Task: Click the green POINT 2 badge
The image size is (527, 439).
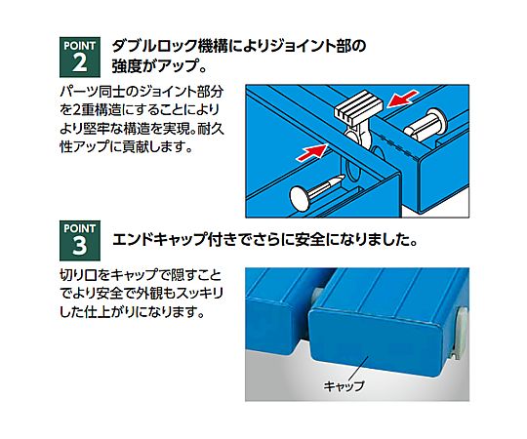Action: pos(80,58)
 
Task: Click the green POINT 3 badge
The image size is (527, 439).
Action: pos(80,241)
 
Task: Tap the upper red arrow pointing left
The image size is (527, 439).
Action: pos(403,99)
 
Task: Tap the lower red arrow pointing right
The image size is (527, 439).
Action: pos(312,152)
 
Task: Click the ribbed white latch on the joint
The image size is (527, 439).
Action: pos(358,104)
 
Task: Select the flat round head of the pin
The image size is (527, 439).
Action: pos(301,198)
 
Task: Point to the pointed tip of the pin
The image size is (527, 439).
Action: pos(343,177)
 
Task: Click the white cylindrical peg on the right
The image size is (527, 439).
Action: pos(426,125)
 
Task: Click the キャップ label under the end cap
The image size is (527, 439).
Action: pos(344,385)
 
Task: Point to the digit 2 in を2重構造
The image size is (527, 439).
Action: pos(77,110)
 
